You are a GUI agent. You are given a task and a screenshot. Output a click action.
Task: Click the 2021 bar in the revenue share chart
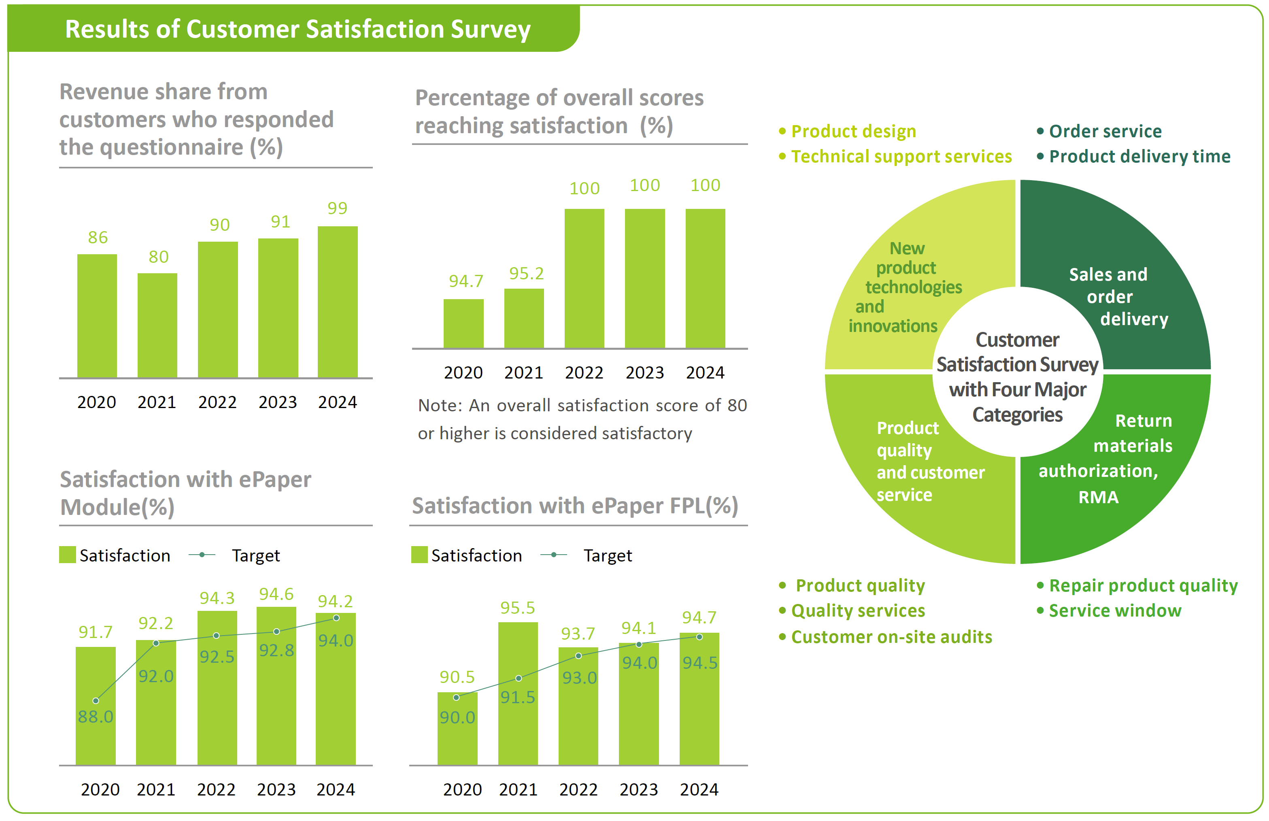tap(157, 325)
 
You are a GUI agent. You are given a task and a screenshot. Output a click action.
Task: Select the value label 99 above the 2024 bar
tap(337, 208)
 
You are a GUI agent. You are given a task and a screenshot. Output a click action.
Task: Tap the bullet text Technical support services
tap(901, 157)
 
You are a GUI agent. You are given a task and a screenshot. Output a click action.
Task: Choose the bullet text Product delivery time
tap(1139, 157)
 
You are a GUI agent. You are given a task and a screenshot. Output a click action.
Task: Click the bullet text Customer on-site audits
tap(891, 637)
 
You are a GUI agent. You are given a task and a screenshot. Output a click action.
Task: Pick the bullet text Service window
tap(1115, 611)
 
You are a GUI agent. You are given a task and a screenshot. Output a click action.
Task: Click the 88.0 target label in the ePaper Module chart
tap(96, 717)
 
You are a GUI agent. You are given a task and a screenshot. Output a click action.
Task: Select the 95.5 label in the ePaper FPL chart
tap(517, 608)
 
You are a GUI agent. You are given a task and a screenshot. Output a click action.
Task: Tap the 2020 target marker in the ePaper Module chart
tap(96, 700)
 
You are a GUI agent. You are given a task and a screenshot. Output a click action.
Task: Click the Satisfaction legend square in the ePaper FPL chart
tap(419, 555)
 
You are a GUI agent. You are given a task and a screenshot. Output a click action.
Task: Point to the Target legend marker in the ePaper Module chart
tap(202, 555)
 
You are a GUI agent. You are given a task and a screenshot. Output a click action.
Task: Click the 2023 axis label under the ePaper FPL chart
tap(638, 789)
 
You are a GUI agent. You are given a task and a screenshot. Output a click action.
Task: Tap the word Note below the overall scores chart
tap(440, 406)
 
